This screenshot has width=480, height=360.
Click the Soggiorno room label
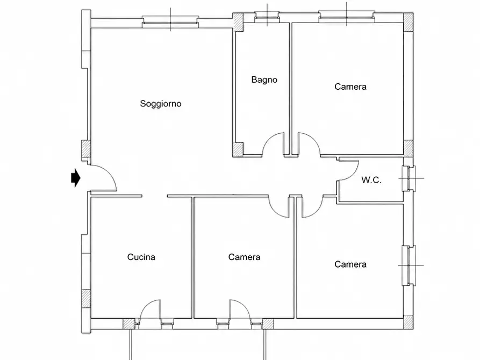[161, 104]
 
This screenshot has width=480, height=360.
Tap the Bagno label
[264, 80]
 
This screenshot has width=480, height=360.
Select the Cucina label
[141, 257]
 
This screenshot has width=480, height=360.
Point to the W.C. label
[371, 180]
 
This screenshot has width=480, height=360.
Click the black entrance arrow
[76, 177]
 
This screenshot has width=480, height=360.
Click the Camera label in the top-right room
[350, 87]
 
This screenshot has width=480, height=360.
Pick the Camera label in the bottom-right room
[350, 264]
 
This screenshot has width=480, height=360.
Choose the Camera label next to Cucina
[244, 257]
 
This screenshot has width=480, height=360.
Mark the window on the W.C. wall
[409, 178]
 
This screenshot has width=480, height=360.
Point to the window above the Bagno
[267, 17]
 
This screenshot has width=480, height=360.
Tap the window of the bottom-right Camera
[410, 265]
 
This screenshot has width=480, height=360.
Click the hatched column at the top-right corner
[408, 23]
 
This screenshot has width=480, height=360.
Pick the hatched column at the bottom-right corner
[408, 322]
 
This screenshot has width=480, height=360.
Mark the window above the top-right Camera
[347, 16]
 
